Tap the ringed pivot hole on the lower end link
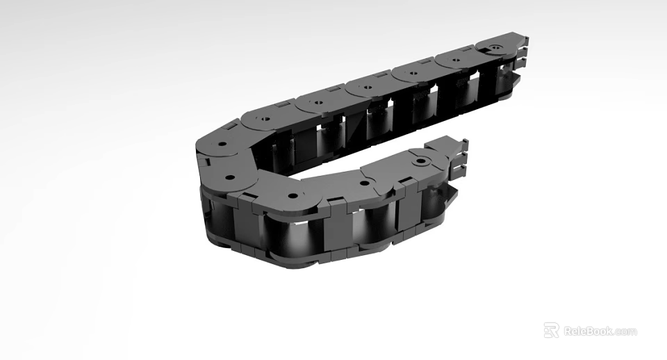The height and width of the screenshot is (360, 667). click(x=420, y=162)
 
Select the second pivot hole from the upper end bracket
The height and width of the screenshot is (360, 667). click(x=456, y=60)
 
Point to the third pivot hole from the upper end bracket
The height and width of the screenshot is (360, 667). click(x=413, y=72)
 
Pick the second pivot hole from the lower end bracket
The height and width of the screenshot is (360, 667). click(x=364, y=183)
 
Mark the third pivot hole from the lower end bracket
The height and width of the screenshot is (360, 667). click(x=293, y=195)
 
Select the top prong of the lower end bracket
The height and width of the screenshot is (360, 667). click(x=463, y=145)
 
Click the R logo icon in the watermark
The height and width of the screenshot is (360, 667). click(x=551, y=330)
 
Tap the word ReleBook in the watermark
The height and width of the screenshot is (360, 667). click(x=588, y=331)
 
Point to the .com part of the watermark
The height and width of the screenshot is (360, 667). click(x=625, y=332)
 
